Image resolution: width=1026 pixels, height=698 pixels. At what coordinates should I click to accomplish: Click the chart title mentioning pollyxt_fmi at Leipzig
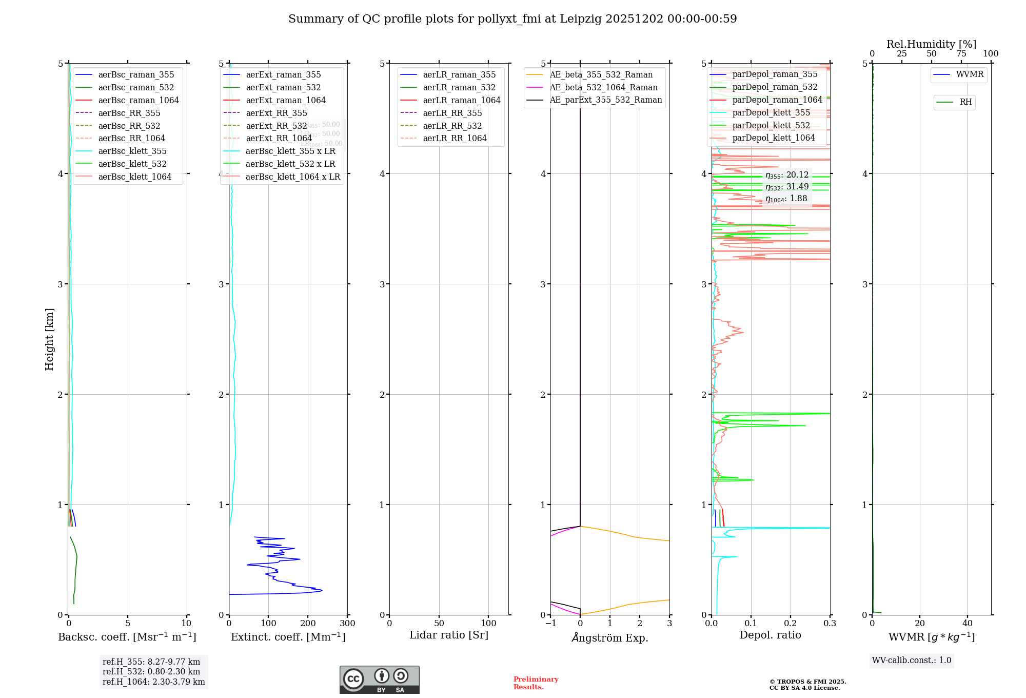[512, 19]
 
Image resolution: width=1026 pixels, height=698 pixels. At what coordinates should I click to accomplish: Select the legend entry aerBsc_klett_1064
[134, 177]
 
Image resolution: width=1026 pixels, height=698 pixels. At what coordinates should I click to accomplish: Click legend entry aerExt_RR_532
[276, 126]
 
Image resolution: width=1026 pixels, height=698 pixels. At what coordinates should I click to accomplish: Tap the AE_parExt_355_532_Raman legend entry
[605, 100]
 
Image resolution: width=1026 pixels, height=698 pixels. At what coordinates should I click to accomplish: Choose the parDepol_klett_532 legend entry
[771, 125]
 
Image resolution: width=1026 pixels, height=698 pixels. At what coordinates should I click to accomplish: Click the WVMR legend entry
[970, 74]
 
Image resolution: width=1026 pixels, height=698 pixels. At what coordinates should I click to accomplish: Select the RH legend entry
[965, 102]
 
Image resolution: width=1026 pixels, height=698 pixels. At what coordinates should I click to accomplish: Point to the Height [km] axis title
[49, 339]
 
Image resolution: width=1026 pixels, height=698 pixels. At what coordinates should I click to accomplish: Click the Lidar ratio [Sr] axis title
[449, 635]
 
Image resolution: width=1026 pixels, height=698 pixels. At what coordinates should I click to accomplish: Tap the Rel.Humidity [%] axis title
[931, 44]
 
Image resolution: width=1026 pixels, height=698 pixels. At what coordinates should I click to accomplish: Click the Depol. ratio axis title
[770, 635]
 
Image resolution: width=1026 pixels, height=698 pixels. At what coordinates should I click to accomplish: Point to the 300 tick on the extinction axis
[347, 624]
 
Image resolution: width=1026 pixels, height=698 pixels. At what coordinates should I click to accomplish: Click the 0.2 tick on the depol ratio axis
[791, 624]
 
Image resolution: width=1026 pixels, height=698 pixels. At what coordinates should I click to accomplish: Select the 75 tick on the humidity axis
[961, 54]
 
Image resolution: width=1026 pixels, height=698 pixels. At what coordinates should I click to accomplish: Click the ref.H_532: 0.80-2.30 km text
[151, 671]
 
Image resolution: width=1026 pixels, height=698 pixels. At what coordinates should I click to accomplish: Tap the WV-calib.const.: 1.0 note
[912, 661]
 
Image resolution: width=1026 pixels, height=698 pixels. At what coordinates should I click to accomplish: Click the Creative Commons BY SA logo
[379, 680]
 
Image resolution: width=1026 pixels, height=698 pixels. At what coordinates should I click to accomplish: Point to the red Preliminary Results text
[536, 683]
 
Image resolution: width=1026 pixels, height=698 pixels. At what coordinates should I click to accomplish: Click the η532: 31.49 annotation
[787, 187]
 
